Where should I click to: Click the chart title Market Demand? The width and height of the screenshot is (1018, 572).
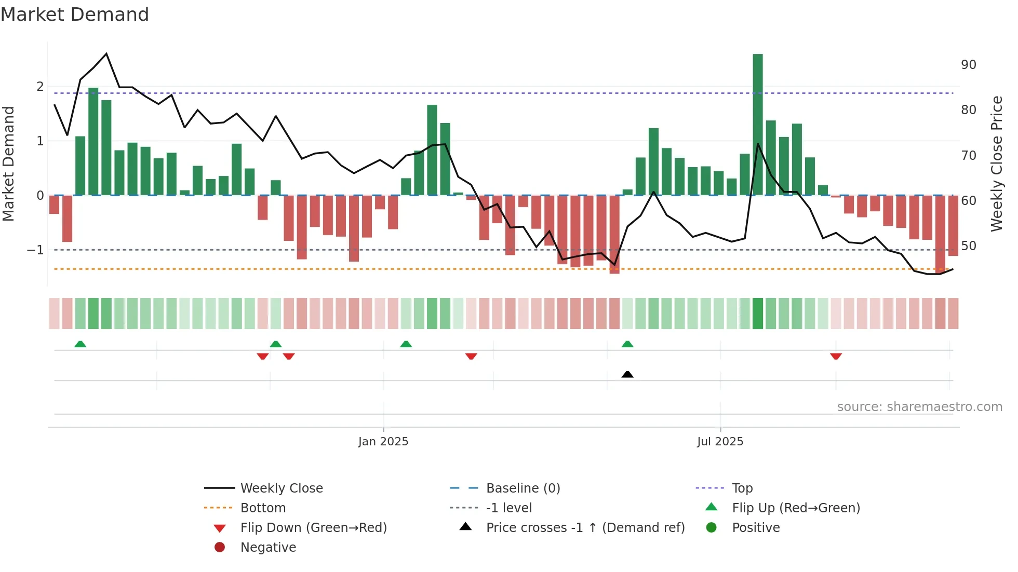(75, 15)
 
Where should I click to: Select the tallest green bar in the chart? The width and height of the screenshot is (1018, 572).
(758, 125)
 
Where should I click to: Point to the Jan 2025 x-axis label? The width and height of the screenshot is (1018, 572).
(383, 442)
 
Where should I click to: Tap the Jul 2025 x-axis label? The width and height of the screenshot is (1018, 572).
(720, 442)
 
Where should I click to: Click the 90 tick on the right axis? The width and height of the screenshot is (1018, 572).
(968, 65)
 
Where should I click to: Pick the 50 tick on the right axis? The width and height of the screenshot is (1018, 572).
(968, 246)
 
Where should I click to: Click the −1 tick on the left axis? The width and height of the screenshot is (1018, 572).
(35, 250)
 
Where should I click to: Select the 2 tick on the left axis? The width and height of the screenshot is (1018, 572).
(40, 87)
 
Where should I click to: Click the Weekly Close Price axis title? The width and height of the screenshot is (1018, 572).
(996, 164)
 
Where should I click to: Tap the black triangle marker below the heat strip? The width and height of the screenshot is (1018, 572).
(627, 374)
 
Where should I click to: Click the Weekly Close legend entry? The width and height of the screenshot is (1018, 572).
(281, 488)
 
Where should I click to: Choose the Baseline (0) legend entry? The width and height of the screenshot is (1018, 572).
(523, 488)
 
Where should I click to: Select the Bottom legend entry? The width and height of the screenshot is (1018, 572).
(263, 508)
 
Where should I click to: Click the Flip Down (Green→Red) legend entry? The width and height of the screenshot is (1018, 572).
(313, 528)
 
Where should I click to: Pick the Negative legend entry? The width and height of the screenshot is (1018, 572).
(268, 548)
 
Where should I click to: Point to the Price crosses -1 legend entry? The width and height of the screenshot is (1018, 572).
(585, 528)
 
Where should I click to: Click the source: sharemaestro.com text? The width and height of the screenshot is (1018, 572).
(919, 407)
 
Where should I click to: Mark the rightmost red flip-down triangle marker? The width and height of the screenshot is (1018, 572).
(836, 356)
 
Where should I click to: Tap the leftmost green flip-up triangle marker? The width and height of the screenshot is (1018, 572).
(80, 344)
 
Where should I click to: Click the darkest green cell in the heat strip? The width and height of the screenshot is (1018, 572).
(758, 314)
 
